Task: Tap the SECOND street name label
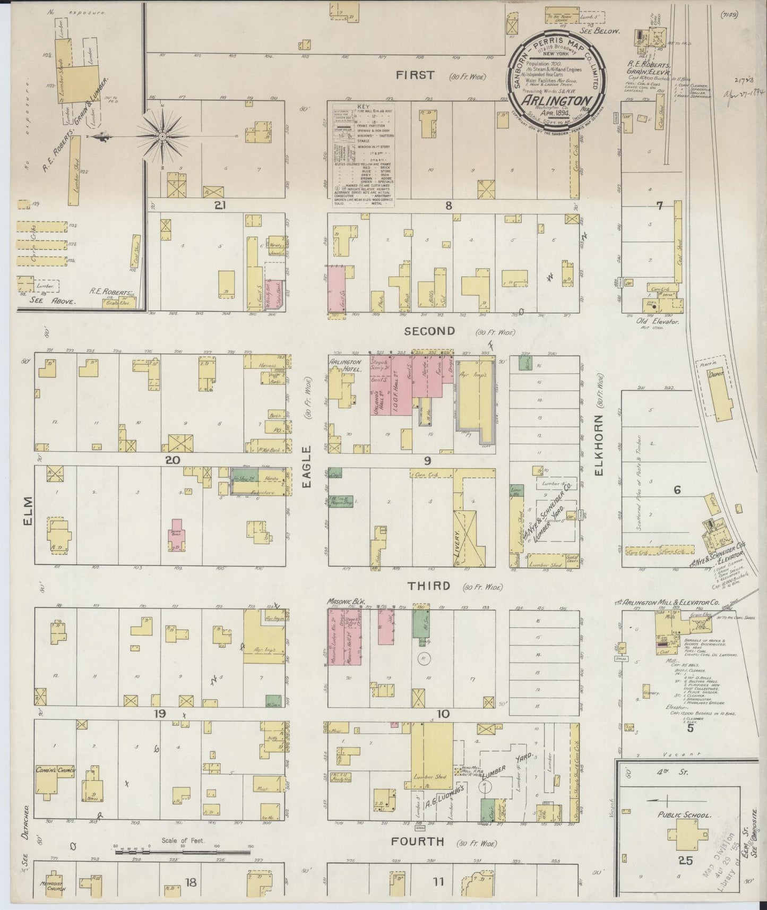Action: pyautogui.click(x=430, y=331)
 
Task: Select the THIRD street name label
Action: pyautogui.click(x=429, y=586)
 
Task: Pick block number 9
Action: pyautogui.click(x=427, y=460)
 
